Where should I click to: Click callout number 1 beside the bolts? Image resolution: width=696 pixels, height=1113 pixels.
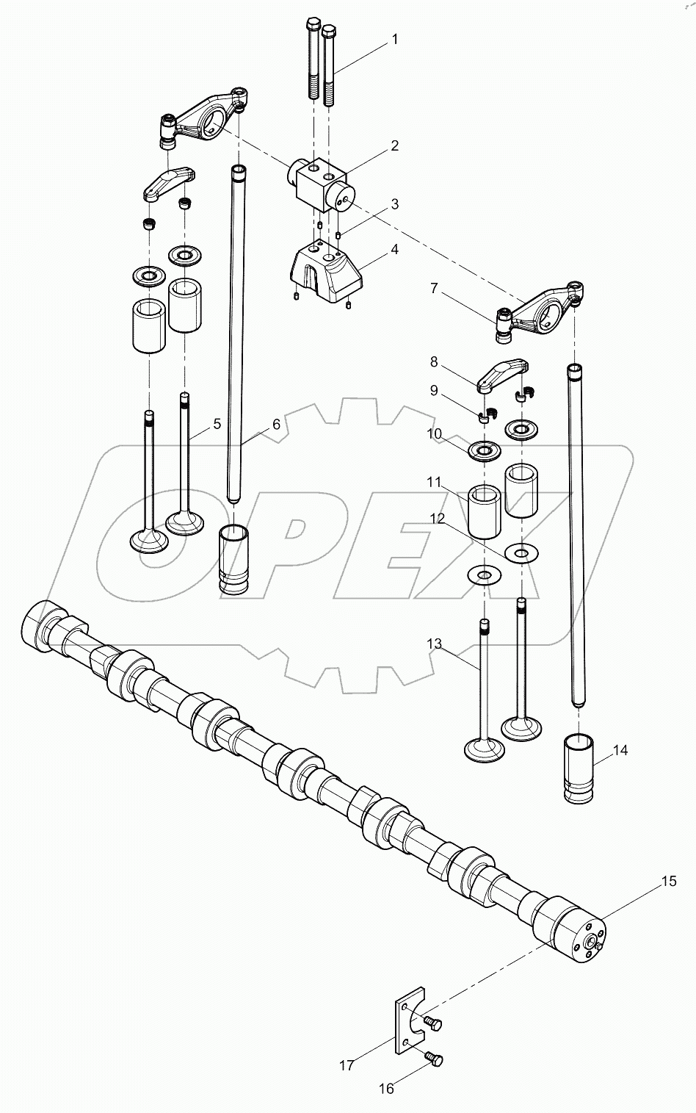coord(394,39)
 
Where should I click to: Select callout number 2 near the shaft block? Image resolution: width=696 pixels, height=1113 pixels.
coord(394,145)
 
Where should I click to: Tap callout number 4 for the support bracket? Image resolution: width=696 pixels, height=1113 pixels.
coord(394,249)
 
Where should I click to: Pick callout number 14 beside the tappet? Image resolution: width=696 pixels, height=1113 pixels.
coord(620,750)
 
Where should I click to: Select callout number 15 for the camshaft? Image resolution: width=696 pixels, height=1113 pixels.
coord(668,881)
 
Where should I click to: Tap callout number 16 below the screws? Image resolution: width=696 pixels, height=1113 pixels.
coord(386,1088)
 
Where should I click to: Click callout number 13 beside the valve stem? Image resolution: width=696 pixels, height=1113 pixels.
coord(435,644)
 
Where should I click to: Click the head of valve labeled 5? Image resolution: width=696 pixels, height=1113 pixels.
coord(184,523)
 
